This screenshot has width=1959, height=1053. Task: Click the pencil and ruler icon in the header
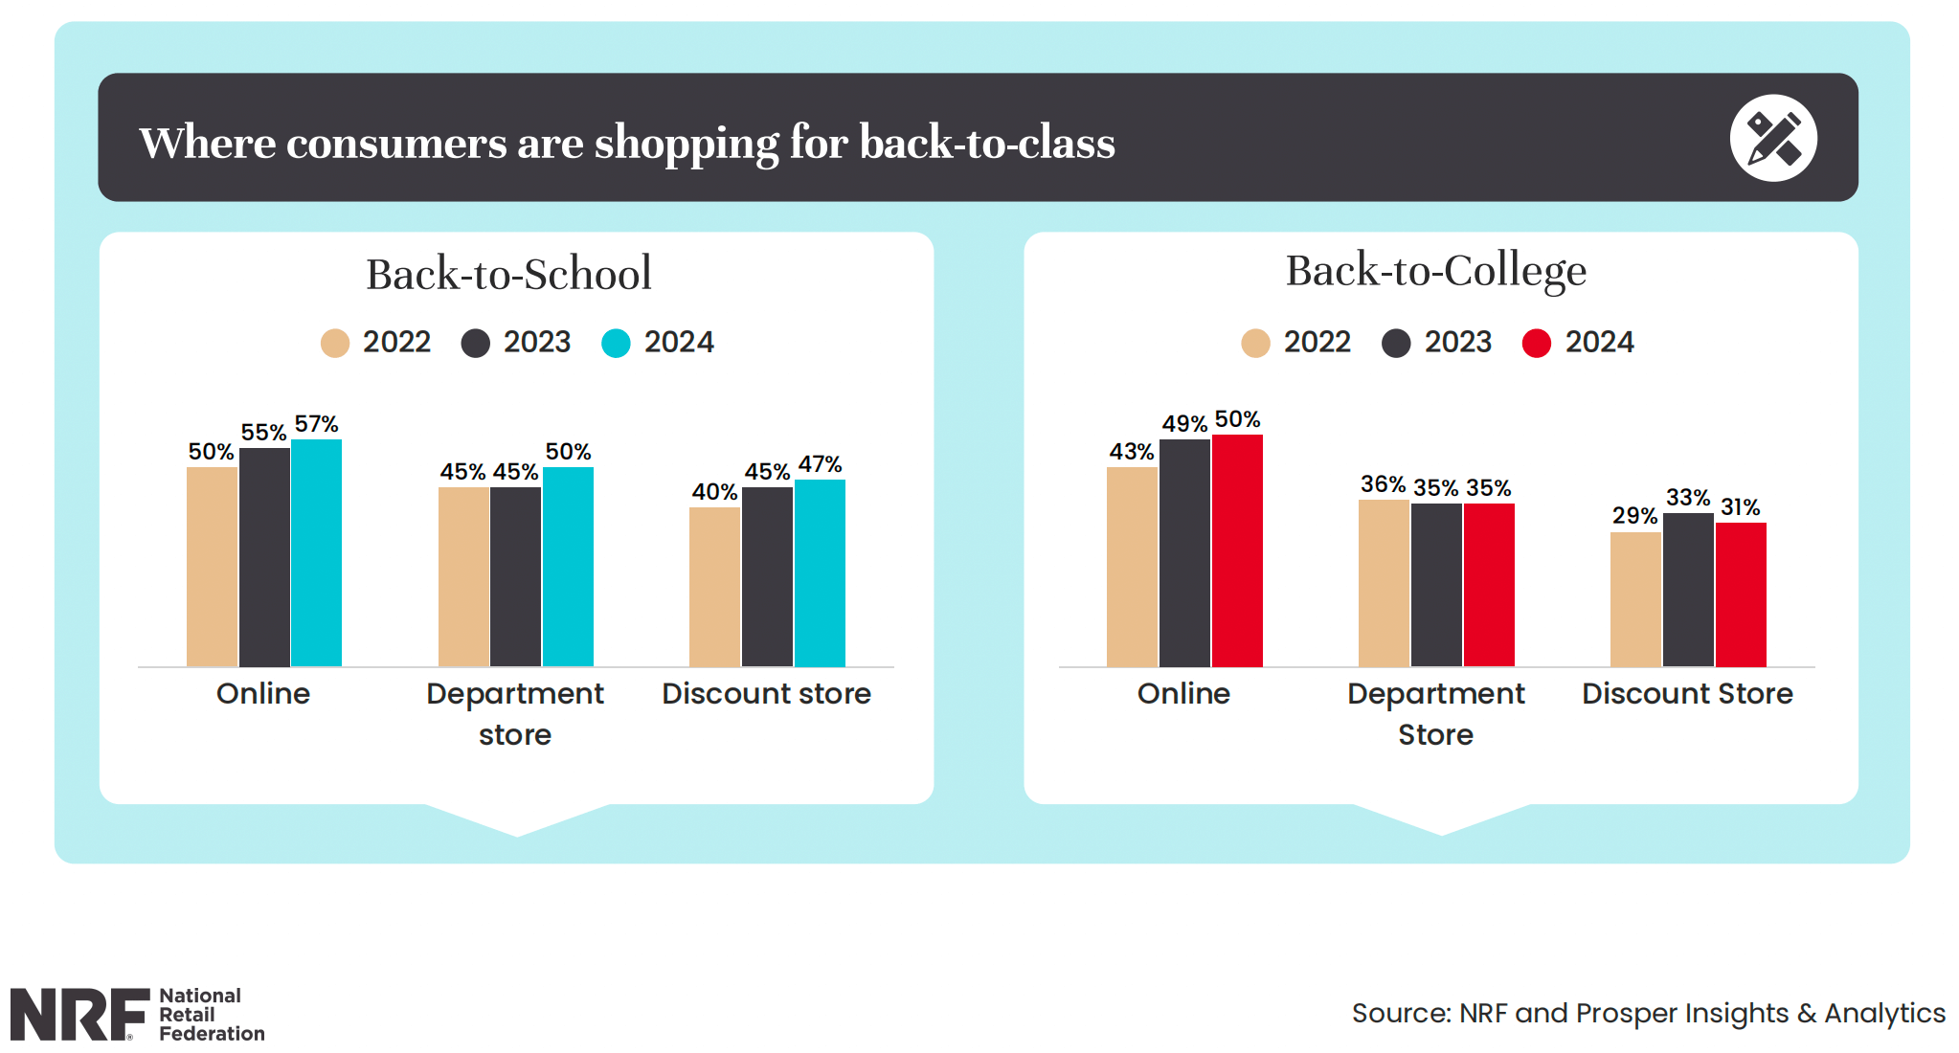1772,138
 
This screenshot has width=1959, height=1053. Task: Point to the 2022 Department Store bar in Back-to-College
1384,583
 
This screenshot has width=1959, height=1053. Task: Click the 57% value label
316,424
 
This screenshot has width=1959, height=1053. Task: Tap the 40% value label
714,492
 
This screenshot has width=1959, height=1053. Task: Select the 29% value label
1634,516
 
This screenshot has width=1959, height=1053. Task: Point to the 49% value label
1184,424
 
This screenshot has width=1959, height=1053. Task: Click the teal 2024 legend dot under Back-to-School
616,343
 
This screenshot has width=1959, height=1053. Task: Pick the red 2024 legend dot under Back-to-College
1537,343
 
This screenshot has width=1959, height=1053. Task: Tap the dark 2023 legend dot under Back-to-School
476,343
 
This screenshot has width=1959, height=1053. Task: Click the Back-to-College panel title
1435,271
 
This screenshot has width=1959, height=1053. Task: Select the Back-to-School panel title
508,275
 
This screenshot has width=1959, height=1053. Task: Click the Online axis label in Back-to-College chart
1183,693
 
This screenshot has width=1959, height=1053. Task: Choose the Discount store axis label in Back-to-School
766,693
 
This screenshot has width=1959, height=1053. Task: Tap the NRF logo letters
79,1015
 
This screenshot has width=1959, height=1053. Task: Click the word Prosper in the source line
1627,1013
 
